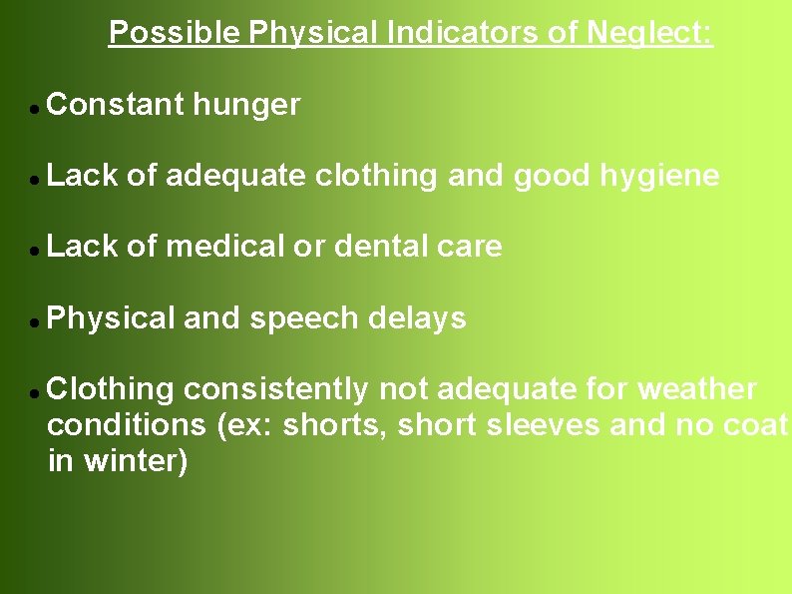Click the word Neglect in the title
(649, 33)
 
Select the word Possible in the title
(175, 33)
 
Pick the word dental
(383, 247)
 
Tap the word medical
(225, 247)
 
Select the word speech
(304, 318)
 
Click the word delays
(417, 318)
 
